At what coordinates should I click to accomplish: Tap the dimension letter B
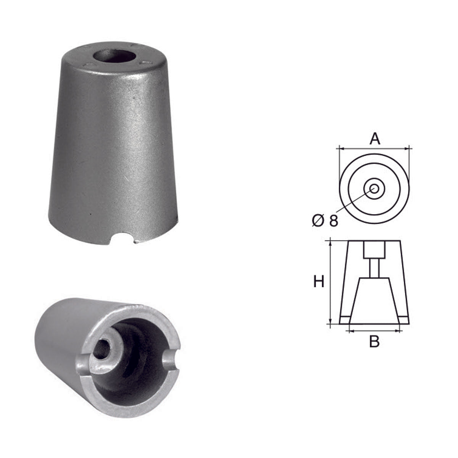(374, 342)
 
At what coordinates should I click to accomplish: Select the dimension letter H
(319, 282)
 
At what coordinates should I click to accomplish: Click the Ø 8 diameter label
(325, 221)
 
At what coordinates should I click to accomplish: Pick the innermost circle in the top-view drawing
(374, 188)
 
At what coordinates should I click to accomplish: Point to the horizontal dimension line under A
(374, 148)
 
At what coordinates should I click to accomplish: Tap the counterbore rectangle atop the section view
(374, 250)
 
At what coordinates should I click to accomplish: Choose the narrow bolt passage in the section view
(374, 268)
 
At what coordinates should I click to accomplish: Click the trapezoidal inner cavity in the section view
(374, 302)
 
